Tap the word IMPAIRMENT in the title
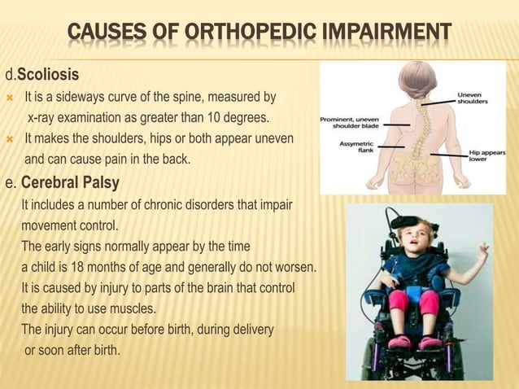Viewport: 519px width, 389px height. tap(392, 33)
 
